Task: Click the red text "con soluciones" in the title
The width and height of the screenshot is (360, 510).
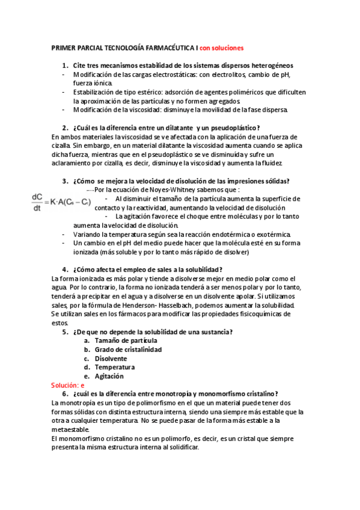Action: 222,48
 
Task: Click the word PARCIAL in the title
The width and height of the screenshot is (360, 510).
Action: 88,48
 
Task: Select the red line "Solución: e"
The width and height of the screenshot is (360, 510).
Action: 68,384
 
